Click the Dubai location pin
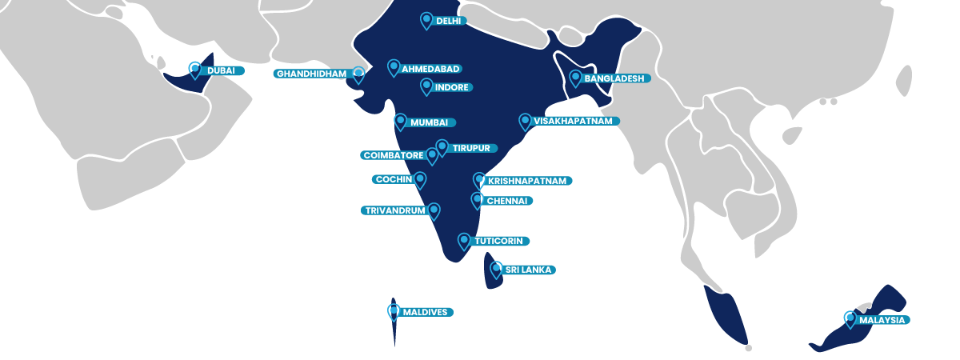[195, 70]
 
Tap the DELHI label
[449, 21]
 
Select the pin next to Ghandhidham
[358, 74]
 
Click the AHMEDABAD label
[430, 69]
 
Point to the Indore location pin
[426, 86]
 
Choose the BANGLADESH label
[612, 78]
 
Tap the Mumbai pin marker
[401, 122]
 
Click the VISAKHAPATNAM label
[572, 121]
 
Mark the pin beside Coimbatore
[432, 155]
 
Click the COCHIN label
[393, 179]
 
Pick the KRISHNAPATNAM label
[526, 181]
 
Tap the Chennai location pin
[477, 200]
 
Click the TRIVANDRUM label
[393, 211]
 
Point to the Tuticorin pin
[464, 241]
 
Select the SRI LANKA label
[528, 270]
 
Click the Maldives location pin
[394, 311]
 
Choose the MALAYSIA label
[882, 320]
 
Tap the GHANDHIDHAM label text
[312, 74]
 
